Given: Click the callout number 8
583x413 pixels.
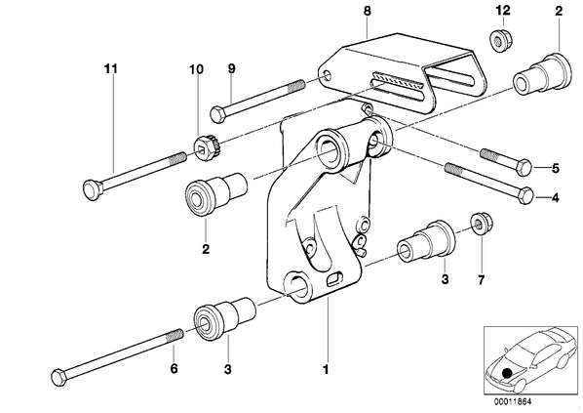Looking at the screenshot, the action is click(x=367, y=11).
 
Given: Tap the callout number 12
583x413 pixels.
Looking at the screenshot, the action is click(x=502, y=10).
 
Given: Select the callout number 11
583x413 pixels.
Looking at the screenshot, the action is click(x=110, y=69).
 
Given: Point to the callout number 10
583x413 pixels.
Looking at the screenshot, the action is click(x=196, y=69).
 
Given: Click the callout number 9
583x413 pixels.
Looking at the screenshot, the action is click(x=231, y=68).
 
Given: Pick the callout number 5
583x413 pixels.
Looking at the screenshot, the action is click(x=555, y=168).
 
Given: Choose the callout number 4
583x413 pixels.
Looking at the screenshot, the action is click(x=555, y=198).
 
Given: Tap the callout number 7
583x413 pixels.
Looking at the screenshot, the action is click(x=482, y=279).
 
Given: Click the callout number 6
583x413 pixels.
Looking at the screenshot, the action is click(x=174, y=368).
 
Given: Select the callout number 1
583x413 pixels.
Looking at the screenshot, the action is click(x=326, y=370).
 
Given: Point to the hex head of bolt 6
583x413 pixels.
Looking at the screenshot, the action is click(x=59, y=377).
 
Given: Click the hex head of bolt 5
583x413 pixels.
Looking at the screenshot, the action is click(x=525, y=167).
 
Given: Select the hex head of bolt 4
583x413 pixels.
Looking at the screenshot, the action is click(x=525, y=196).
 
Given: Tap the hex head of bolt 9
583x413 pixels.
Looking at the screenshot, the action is click(x=217, y=113).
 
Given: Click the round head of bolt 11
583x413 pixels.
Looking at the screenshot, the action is click(x=91, y=188).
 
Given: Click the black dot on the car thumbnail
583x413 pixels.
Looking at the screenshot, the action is click(x=506, y=373).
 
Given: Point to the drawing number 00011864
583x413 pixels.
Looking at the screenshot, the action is click(x=513, y=401).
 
